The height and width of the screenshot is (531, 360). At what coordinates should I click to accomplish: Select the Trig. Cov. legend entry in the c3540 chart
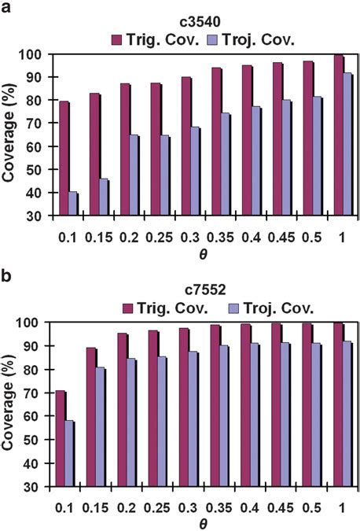[x=160, y=39]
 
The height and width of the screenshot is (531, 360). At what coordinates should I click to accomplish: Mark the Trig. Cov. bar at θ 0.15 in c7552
[x=91, y=417]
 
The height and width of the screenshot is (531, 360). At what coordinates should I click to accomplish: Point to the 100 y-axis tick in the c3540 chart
[x=35, y=54]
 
